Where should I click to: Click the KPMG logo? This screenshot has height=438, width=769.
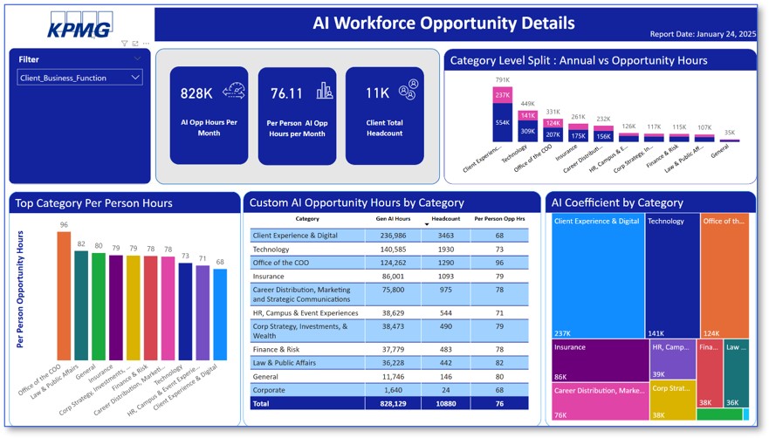80,26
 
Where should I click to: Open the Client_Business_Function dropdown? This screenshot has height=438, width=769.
79,78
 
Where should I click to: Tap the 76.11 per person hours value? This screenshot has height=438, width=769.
285,93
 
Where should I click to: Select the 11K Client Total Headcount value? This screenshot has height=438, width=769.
377,93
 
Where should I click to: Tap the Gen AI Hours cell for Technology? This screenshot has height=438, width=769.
392,249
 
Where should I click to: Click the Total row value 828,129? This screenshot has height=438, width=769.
392,405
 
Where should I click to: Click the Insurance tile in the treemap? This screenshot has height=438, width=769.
599,360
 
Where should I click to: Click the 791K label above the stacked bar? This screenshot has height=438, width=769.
501,80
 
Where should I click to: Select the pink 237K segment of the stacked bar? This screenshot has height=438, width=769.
501,95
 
